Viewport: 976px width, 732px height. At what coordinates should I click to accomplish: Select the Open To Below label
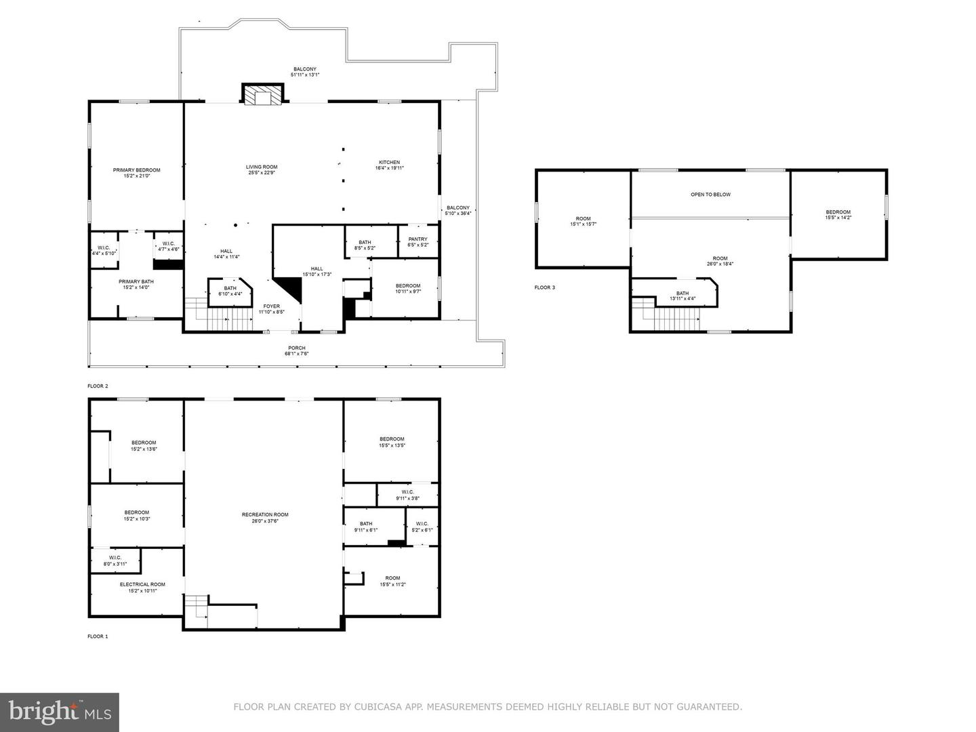coord(710,195)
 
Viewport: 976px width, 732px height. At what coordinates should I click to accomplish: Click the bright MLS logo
coord(60,712)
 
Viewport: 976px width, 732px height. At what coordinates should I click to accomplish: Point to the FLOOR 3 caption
coord(544,287)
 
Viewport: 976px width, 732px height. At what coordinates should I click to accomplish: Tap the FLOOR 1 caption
coord(98,636)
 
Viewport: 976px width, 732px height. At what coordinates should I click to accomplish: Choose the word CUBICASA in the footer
coord(379,707)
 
